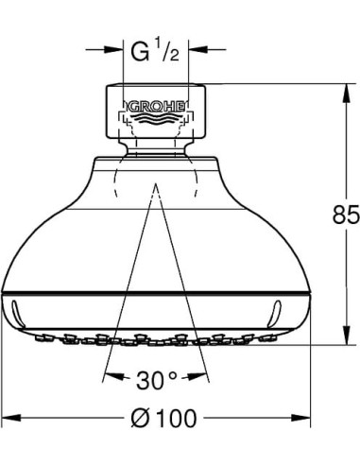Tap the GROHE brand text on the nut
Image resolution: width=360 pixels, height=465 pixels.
[155, 99]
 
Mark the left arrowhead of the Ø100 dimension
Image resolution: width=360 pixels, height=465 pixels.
[8, 416]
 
